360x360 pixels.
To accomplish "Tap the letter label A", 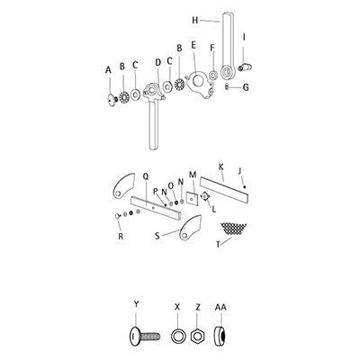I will coord(109,68).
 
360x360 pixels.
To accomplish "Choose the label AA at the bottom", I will coord(220,308).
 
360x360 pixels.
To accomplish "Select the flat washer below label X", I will coord(179,335).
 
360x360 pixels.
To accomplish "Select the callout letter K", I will coord(220,166).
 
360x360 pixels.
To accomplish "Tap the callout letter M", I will coord(192,175).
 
